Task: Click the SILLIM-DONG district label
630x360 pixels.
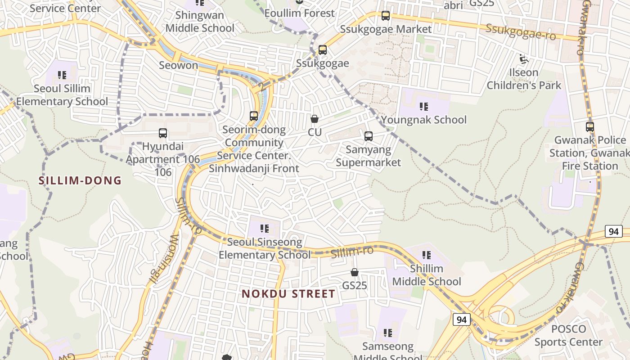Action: pyautogui.click(x=80, y=180)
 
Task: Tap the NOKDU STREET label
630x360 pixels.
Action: pyautogui.click(x=288, y=294)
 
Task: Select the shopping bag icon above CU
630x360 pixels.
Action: pyautogui.click(x=315, y=119)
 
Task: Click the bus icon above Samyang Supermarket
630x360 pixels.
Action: pyautogui.click(x=369, y=136)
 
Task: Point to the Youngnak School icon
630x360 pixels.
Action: pyautogui.click(x=423, y=107)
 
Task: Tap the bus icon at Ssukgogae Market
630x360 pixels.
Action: pyautogui.click(x=386, y=16)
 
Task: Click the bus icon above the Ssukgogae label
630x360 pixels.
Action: pyautogui.click(x=323, y=50)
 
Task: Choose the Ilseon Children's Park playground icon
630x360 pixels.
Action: pyautogui.click(x=523, y=59)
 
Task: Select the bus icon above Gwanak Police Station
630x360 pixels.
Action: pyautogui.click(x=590, y=127)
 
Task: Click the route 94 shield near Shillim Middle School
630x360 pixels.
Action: pyautogui.click(x=461, y=319)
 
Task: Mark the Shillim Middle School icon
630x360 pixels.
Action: pyautogui.click(x=426, y=255)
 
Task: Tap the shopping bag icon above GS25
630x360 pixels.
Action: pyautogui.click(x=355, y=272)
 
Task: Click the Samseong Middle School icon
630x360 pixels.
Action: pyautogui.click(x=387, y=333)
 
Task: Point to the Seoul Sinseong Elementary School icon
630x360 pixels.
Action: pyautogui.click(x=264, y=229)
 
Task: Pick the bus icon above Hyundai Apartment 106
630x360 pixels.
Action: pyautogui.click(x=163, y=133)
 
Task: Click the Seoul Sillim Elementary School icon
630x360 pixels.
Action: pyautogui.click(x=62, y=75)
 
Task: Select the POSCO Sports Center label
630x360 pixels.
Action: pyautogui.click(x=568, y=335)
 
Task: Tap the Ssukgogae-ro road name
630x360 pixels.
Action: pyautogui.click(x=521, y=31)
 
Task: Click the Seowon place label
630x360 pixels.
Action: pyautogui.click(x=178, y=65)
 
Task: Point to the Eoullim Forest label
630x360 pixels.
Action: pyautogui.click(x=299, y=13)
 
